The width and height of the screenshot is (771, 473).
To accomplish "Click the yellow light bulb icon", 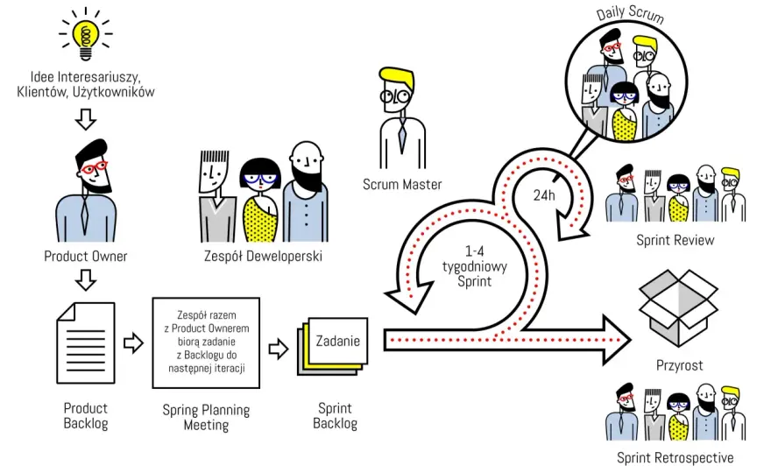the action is click(86, 34).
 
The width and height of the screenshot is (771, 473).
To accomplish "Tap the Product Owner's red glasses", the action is click(94, 167).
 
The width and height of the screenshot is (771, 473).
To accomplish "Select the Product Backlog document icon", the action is click(86, 342).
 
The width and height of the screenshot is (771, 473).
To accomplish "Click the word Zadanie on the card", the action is click(338, 341).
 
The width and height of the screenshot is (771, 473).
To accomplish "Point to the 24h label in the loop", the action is click(544, 195).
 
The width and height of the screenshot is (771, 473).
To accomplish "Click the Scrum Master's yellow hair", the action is click(396, 79).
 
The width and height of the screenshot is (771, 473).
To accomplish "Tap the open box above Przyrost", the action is click(678, 307).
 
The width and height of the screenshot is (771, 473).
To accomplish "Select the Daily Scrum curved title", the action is click(630, 14).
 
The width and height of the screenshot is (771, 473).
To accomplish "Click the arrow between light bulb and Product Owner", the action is click(86, 119).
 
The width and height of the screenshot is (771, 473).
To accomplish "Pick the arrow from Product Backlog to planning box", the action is click(133, 342).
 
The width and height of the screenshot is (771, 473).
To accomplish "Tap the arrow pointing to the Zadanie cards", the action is click(279, 349).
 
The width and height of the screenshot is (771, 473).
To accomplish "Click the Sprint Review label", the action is click(676, 240).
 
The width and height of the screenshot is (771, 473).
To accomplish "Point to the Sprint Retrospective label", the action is click(676, 458).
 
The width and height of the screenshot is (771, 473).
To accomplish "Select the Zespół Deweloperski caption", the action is click(263, 256).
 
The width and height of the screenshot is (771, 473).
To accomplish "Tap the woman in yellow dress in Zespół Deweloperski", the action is click(260, 200).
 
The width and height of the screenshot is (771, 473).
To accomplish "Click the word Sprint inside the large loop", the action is click(475, 281).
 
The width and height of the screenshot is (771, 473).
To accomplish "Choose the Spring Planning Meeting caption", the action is click(206, 417).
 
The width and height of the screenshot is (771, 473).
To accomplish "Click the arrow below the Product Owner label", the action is click(86, 280).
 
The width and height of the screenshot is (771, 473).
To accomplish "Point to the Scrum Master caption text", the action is click(402, 184).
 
